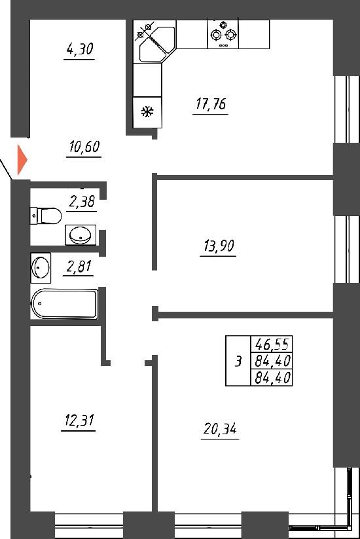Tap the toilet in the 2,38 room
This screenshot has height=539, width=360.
(46, 215)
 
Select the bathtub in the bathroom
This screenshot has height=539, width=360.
(64, 304)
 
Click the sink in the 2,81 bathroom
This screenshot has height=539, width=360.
(41, 268)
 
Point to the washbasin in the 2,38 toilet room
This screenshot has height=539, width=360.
(81, 234)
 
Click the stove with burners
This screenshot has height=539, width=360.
(223, 34)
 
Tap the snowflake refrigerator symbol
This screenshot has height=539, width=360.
(148, 112)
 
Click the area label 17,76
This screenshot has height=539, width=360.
(211, 104)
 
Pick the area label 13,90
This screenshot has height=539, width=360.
(219, 246)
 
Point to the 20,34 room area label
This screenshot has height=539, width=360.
(220, 429)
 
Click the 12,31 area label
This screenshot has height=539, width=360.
(79, 420)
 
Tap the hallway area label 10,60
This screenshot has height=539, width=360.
(84, 147)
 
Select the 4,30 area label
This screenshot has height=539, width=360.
(80, 49)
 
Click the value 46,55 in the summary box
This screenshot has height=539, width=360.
(272, 344)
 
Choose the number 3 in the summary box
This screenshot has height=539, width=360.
(238, 362)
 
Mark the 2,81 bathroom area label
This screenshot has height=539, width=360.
(79, 266)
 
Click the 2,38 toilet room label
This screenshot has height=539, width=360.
(81, 202)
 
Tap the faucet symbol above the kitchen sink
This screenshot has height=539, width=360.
(144, 31)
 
